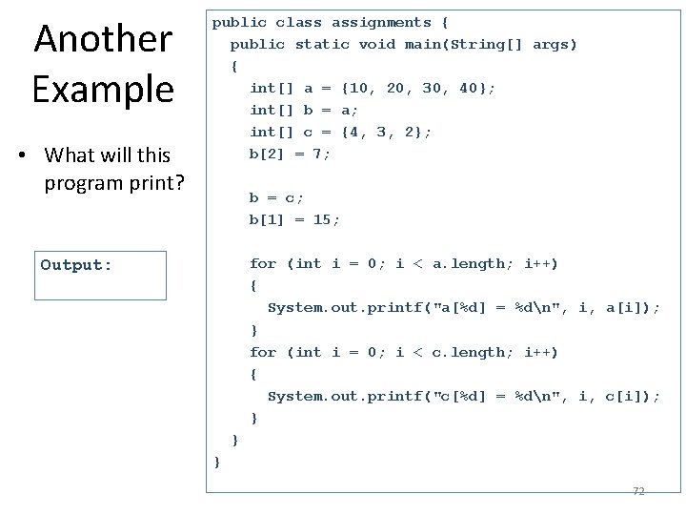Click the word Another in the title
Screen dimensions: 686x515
103,39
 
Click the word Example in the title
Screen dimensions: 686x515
103,89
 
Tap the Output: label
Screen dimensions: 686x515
76,265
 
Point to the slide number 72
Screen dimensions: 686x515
638,491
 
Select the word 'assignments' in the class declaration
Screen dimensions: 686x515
381,22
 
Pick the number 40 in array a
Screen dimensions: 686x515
468,88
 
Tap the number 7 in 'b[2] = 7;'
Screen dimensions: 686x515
317,154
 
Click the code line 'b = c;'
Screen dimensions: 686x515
276,197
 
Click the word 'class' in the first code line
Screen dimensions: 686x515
298,22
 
